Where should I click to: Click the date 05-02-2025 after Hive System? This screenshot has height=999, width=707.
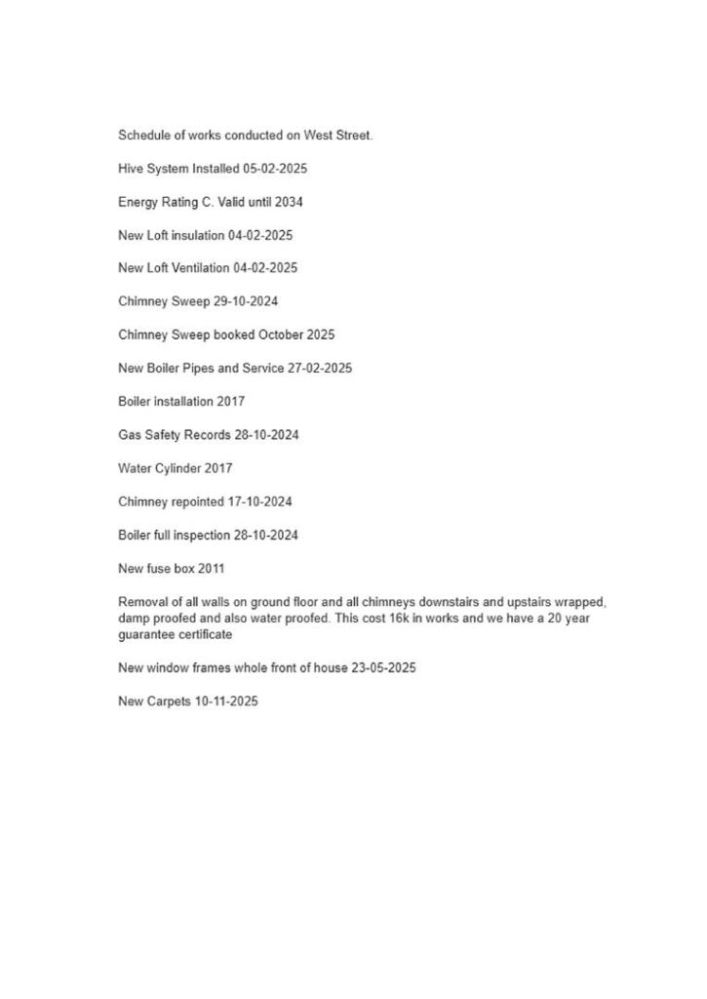tap(275, 169)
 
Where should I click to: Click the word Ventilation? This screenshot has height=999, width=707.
tap(198, 268)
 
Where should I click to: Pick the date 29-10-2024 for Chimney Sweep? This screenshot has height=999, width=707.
tap(246, 301)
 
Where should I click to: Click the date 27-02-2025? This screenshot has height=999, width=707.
tap(320, 369)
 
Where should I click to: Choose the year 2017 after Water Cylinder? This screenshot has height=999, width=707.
tap(218, 468)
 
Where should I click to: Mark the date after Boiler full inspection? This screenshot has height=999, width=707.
tap(266, 536)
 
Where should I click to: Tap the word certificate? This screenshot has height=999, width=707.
tap(204, 635)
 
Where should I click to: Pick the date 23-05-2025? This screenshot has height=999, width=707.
tap(383, 668)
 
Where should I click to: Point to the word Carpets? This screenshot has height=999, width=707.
tap(169, 701)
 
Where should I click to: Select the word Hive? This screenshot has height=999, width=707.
tap(131, 169)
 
